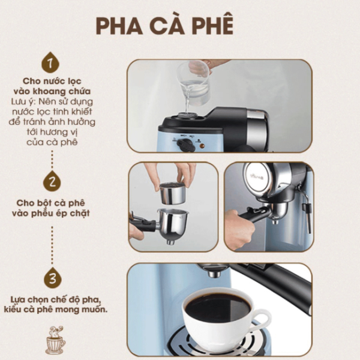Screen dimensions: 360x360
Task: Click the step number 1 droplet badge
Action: (x=50, y=62)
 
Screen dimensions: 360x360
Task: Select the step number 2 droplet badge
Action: (x=52, y=182)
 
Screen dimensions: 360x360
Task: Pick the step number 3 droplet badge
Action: (x=53, y=278)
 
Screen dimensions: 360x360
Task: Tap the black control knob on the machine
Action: (x=186, y=145)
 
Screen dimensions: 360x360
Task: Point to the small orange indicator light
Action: (x=202, y=146)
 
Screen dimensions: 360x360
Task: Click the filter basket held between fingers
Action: (x=172, y=193)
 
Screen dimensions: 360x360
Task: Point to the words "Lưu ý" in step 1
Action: (x=23, y=101)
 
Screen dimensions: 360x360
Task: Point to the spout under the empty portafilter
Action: (x=170, y=242)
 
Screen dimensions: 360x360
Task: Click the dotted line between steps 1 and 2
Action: (x=52, y=160)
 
